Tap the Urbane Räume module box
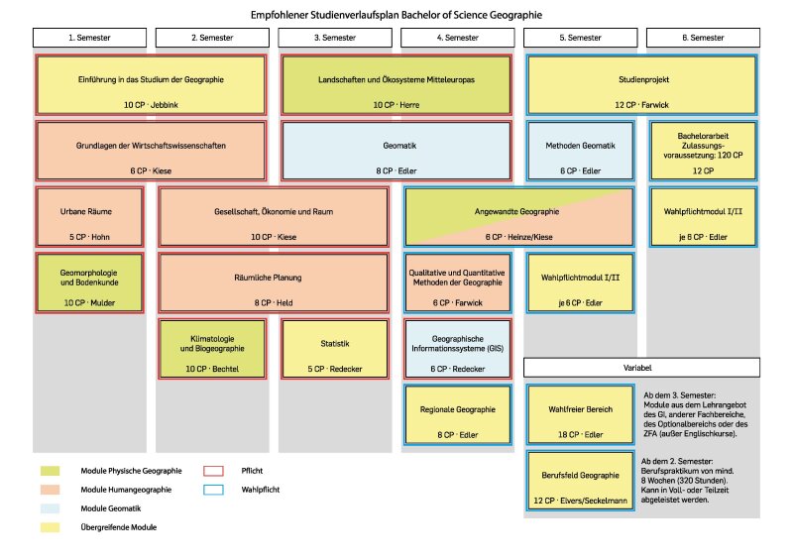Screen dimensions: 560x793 89,217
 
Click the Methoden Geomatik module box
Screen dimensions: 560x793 580,151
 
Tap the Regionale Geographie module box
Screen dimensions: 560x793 457,414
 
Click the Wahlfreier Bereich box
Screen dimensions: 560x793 580,414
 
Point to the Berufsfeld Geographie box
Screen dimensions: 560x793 580,481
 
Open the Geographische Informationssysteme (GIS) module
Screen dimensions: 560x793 457,350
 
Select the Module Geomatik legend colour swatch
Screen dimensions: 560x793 48,508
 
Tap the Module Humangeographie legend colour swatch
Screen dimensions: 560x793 48,490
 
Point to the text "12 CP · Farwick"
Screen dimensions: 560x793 642,104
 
